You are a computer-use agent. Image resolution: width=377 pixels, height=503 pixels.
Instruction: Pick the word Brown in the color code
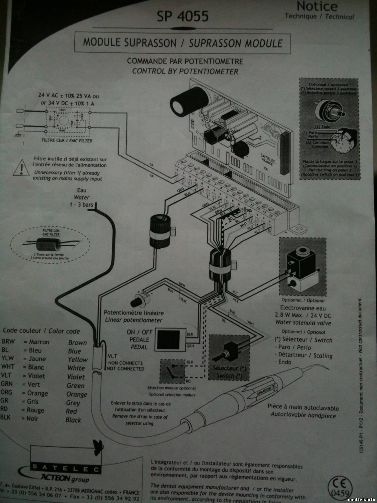(x=77, y=343)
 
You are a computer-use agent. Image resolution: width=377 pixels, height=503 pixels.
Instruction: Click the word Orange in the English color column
(x=77, y=394)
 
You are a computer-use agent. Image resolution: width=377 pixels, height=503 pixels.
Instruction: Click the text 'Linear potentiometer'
(x=134, y=320)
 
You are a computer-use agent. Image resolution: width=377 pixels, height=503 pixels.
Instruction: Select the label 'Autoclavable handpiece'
(x=303, y=415)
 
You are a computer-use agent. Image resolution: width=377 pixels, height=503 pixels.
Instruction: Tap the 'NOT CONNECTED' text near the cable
(x=125, y=369)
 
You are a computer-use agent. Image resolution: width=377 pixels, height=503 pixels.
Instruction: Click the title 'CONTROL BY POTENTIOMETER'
(x=185, y=71)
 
